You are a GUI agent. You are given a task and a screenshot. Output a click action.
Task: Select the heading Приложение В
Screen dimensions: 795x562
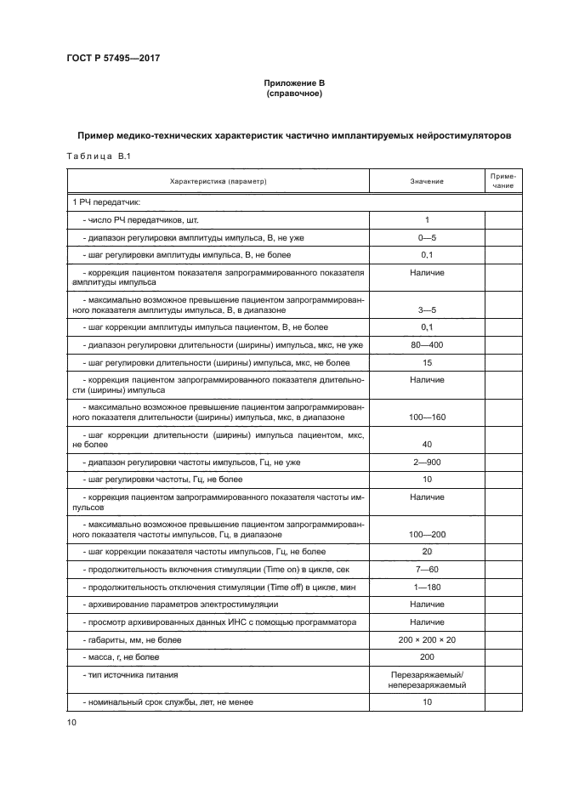point(294,83)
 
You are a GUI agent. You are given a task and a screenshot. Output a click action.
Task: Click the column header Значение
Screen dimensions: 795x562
point(426,181)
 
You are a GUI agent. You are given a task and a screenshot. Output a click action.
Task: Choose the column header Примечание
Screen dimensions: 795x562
point(502,181)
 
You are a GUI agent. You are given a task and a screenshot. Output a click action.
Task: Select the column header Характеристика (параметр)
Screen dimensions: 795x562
point(219,181)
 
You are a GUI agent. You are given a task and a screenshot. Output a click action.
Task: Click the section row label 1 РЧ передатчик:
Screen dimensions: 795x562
point(106,202)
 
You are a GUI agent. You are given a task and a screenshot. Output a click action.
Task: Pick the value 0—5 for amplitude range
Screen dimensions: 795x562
point(426,238)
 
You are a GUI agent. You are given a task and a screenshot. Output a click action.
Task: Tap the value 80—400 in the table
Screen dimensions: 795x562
point(426,344)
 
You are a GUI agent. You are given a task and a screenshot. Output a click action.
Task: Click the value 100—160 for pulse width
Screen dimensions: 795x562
point(426,417)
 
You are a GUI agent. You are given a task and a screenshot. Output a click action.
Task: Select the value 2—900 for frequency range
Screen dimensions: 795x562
point(426,462)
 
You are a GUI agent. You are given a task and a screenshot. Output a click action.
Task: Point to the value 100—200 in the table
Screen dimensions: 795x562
point(426,534)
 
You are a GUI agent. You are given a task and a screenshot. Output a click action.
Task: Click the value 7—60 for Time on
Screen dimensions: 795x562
point(426,569)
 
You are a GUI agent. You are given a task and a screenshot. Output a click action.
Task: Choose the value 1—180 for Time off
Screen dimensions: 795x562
point(426,587)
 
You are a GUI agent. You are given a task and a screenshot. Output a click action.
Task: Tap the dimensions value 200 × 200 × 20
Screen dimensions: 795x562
point(426,639)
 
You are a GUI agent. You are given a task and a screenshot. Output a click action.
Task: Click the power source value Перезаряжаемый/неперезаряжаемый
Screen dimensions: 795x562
point(426,679)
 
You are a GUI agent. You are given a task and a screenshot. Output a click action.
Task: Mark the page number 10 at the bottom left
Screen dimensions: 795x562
point(71,723)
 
